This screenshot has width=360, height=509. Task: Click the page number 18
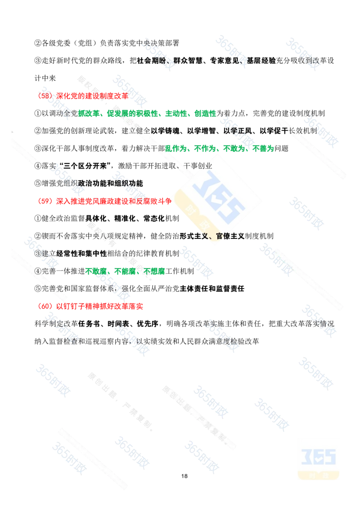[x=184, y=476]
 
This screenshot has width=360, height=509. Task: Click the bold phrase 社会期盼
[x=151, y=61]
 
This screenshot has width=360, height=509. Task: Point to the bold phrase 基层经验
[x=261, y=61]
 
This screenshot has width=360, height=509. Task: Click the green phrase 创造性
[x=205, y=113]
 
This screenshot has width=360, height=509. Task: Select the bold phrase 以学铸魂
[x=166, y=131]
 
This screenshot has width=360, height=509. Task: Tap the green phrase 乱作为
[x=176, y=148]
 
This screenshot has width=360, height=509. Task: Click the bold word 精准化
[x=125, y=219]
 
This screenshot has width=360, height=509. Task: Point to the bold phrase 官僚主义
[x=230, y=236]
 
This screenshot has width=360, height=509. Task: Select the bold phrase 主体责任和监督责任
[x=212, y=289]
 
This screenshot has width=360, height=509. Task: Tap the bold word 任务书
[x=89, y=324]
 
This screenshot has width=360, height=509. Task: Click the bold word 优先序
[x=148, y=324]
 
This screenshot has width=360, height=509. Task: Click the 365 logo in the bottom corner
[x=319, y=463]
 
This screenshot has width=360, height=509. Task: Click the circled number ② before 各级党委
[x=38, y=43]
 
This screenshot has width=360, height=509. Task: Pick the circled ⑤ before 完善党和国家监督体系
[x=38, y=289]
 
